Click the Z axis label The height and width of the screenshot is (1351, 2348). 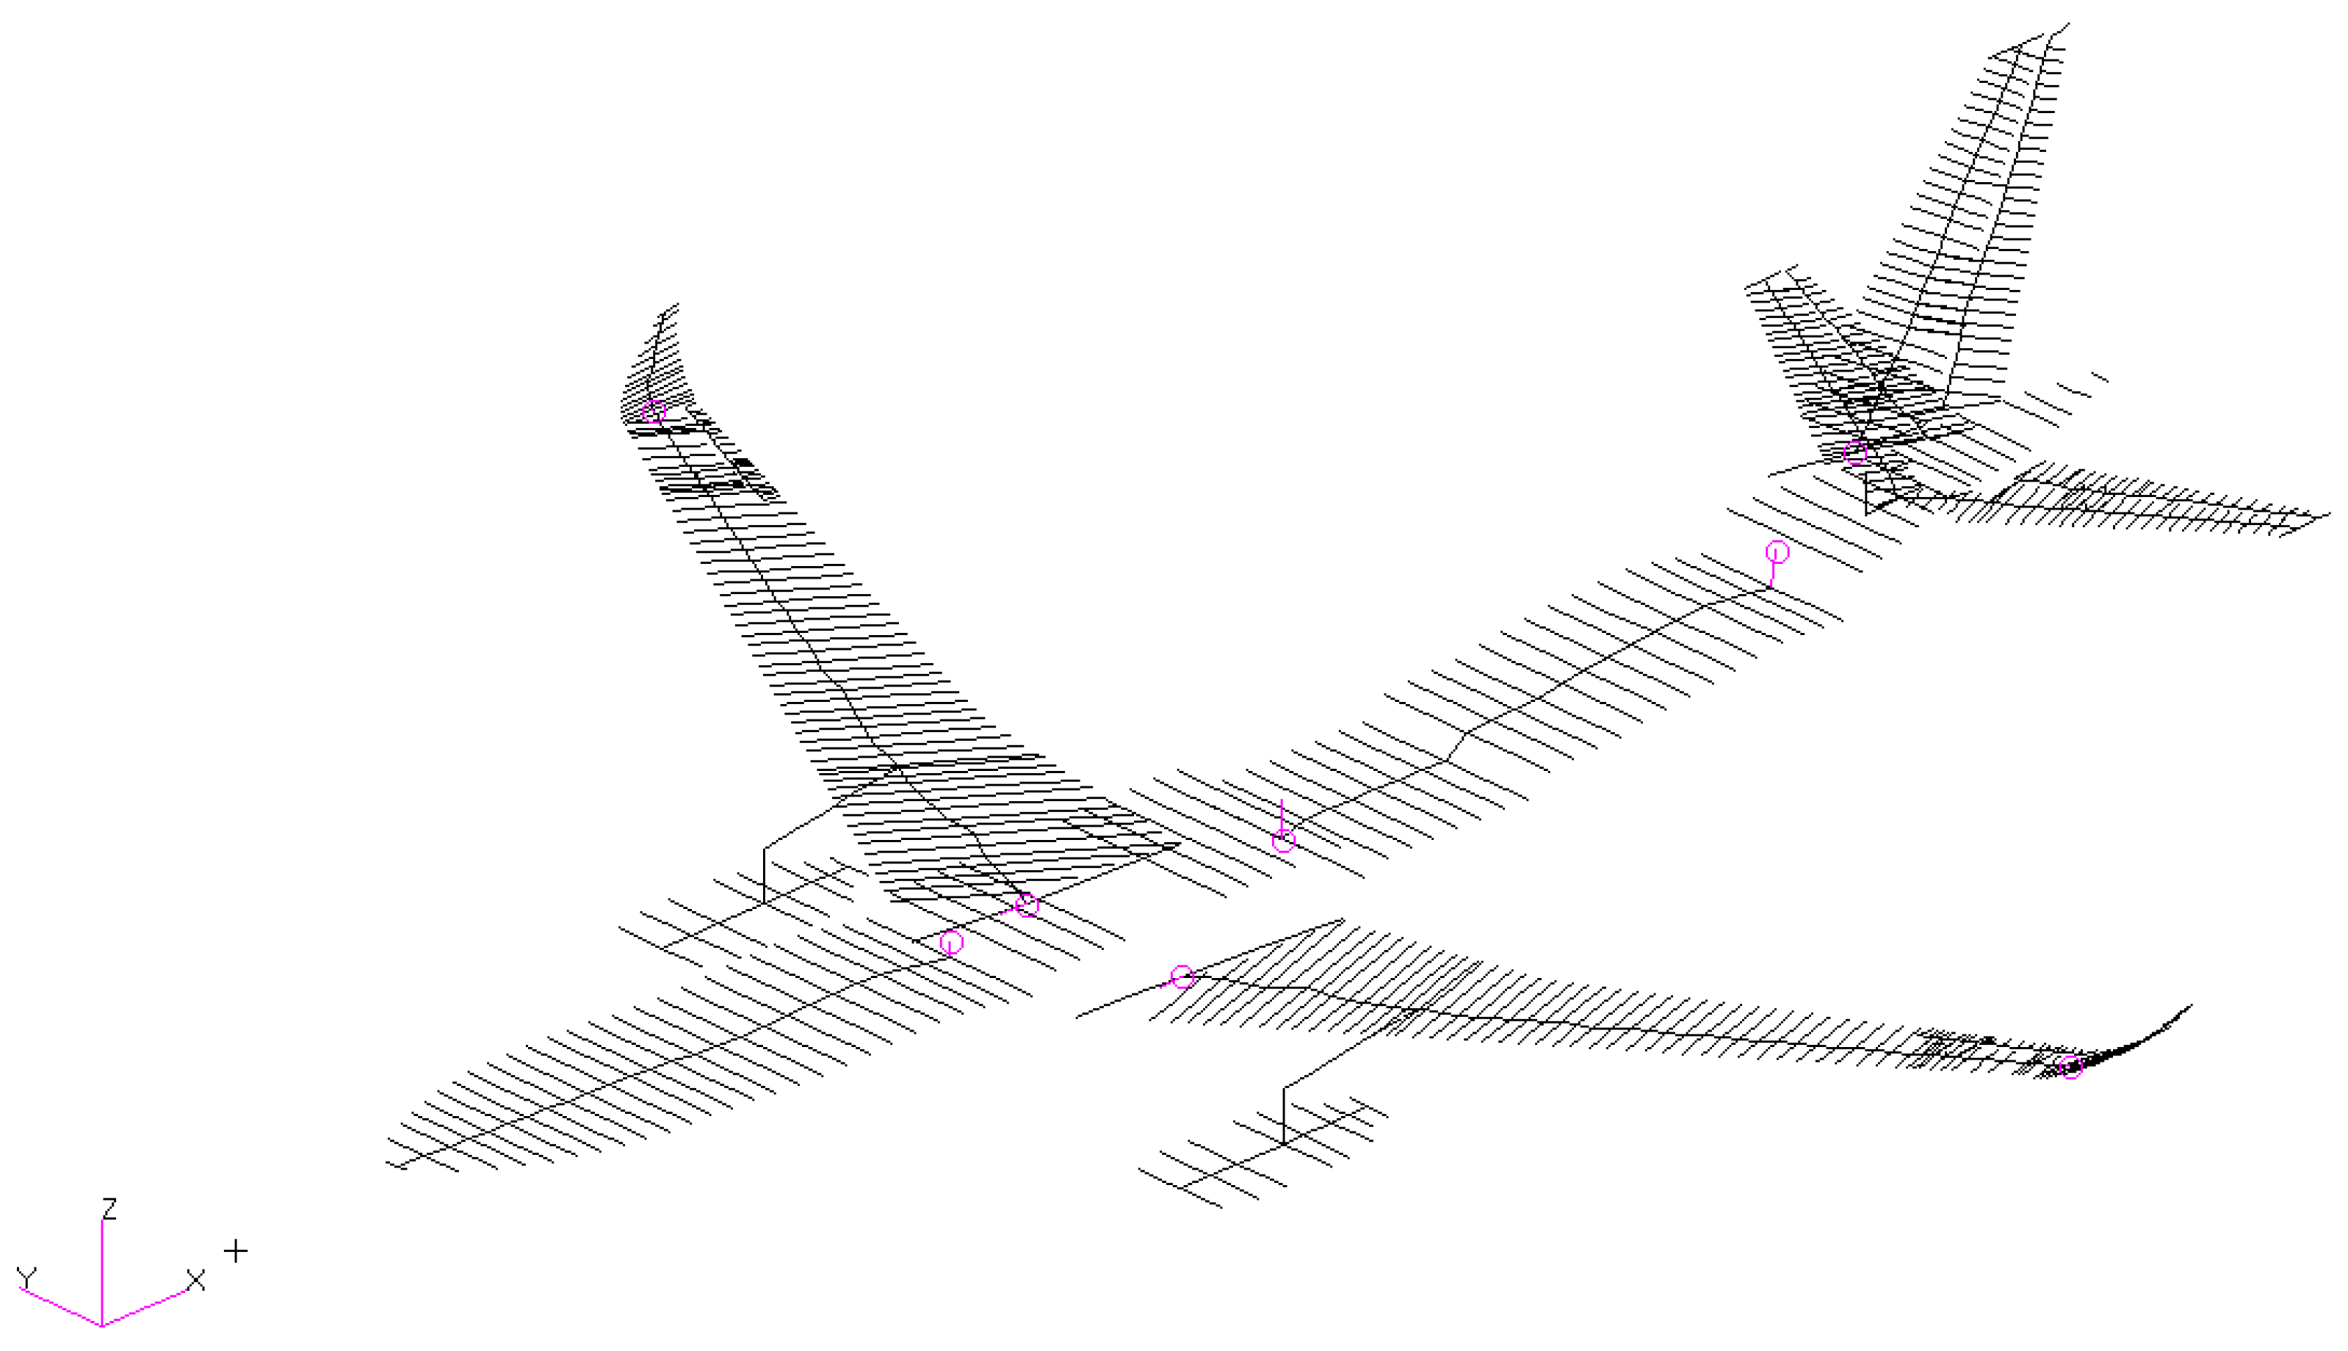109,1208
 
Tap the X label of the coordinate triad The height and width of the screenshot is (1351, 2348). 195,1281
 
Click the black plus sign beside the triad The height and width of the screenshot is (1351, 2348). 236,1251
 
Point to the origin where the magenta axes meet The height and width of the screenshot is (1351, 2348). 101,1324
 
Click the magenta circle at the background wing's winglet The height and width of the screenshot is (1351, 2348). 654,411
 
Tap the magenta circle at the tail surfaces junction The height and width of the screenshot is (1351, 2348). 1854,453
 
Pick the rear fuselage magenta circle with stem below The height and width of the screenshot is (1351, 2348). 1777,552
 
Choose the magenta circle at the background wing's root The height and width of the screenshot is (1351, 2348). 1027,905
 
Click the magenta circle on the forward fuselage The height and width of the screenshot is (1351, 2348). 951,943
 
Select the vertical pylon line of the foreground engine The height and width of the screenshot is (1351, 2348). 1284,1115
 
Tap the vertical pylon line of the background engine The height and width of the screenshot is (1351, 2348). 764,875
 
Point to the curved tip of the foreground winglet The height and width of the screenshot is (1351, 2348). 2189,1006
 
